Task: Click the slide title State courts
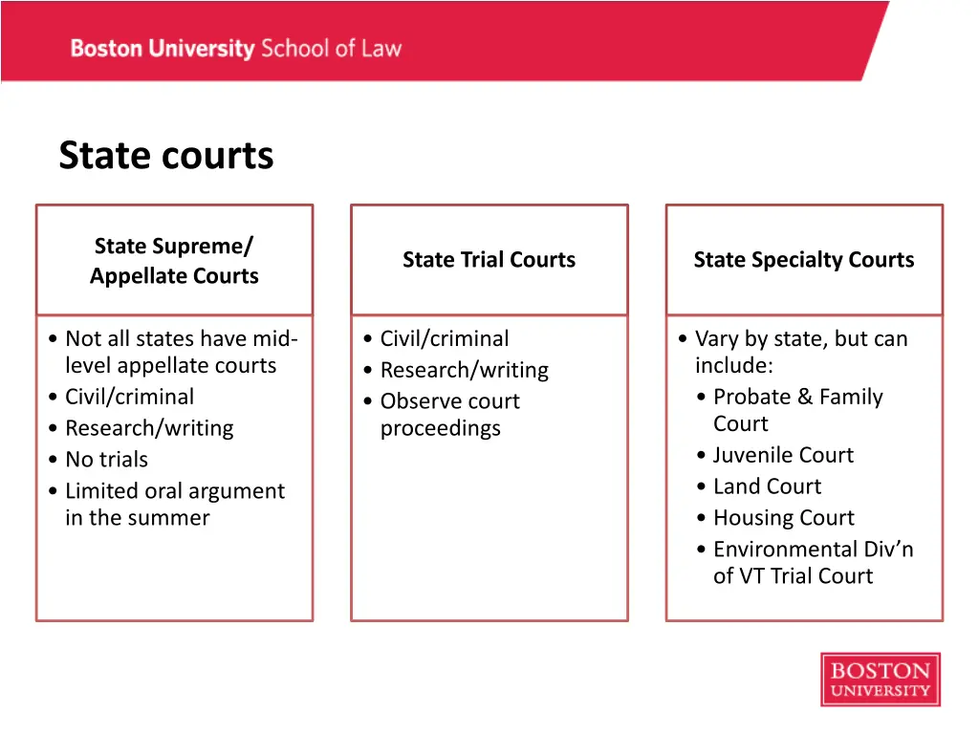pos(165,156)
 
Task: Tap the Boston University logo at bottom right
pos(880,680)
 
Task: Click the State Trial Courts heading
pos(489,260)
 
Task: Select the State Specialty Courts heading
pos(803,260)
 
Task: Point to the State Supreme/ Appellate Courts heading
pos(174,261)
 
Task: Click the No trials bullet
pos(106,460)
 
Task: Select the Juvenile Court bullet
pos(783,456)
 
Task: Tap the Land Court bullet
pos(767,486)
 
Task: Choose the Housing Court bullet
pos(783,518)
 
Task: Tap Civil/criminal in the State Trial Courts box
pos(445,338)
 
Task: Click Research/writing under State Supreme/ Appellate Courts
pos(149,428)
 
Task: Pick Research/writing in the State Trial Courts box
pos(465,370)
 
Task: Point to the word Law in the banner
pos(381,49)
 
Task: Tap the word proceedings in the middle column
pos(440,428)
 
